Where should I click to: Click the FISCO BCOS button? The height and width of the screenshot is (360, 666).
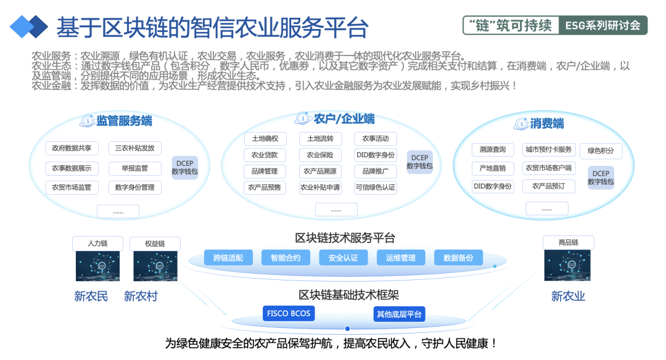[289, 313]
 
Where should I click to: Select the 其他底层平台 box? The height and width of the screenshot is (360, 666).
[399, 314]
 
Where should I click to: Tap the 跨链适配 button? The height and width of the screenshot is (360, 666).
[228, 258]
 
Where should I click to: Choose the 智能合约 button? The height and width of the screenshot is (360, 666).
[286, 258]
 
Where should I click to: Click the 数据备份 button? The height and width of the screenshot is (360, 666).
[458, 258]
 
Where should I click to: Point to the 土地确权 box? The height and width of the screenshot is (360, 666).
[265, 139]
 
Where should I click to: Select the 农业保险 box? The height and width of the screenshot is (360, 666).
[320, 155]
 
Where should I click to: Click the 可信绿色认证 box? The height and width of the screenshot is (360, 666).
[376, 187]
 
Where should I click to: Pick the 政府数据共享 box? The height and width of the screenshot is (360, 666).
[72, 148]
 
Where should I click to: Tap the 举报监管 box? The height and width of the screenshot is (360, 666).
[135, 168]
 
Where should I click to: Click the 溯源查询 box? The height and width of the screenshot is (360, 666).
[493, 149]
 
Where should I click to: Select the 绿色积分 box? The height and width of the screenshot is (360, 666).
[601, 150]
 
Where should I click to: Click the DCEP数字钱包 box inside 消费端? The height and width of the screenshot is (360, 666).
[601, 178]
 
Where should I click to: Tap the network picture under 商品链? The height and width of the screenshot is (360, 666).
[567, 265]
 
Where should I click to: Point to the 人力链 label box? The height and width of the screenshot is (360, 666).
[97, 243]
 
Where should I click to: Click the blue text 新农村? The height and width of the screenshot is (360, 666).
[141, 296]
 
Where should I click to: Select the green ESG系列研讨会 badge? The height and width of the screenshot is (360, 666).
[603, 25]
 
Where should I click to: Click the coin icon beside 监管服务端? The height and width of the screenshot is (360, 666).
[87, 121]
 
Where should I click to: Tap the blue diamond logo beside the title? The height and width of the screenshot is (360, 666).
[29, 27]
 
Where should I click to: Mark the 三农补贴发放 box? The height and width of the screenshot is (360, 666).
[135, 148]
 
